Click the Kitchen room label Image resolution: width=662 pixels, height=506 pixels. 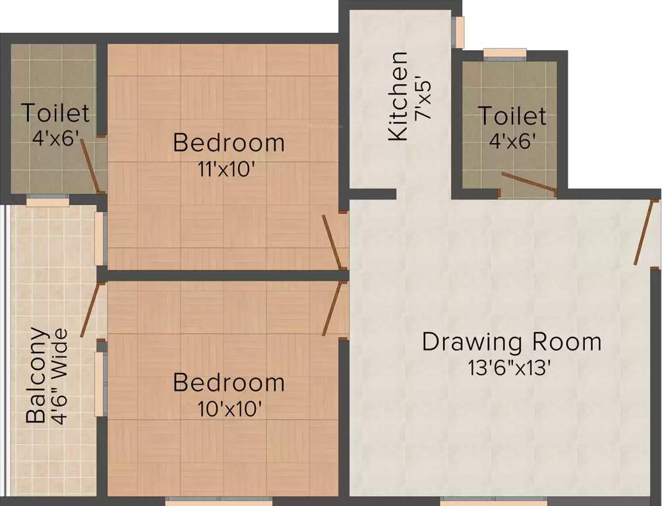coord(398,96)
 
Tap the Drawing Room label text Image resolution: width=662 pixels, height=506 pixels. coord(512,342)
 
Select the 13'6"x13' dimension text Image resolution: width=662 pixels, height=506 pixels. coord(510,368)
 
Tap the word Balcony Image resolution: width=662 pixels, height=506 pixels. coord(36,375)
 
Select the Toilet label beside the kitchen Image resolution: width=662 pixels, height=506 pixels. coord(512,116)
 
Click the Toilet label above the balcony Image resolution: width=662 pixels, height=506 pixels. coord(55,113)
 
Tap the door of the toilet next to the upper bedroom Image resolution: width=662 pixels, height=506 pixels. coord(91,165)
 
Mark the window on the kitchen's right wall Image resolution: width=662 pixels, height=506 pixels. coord(458,32)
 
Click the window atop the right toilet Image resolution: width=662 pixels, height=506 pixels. coord(505,54)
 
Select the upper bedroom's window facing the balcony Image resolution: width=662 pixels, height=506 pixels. coord(100,239)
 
